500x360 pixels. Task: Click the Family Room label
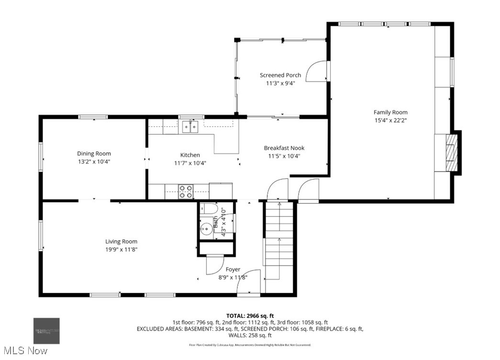(x=390, y=112)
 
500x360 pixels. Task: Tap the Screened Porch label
(x=280, y=75)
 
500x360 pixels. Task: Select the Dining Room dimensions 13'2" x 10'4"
(x=94, y=162)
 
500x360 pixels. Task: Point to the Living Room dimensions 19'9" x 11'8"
(x=122, y=249)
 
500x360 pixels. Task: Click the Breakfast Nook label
(x=284, y=148)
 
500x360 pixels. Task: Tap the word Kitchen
(x=190, y=155)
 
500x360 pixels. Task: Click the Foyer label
(x=233, y=270)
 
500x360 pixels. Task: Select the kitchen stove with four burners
(x=186, y=191)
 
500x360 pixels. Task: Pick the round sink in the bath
(x=207, y=229)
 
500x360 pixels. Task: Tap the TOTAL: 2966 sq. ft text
(x=250, y=315)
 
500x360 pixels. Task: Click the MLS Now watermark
(x=24, y=351)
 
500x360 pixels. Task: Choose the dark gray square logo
(x=46, y=331)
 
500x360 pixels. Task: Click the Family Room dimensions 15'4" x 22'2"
(x=390, y=121)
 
